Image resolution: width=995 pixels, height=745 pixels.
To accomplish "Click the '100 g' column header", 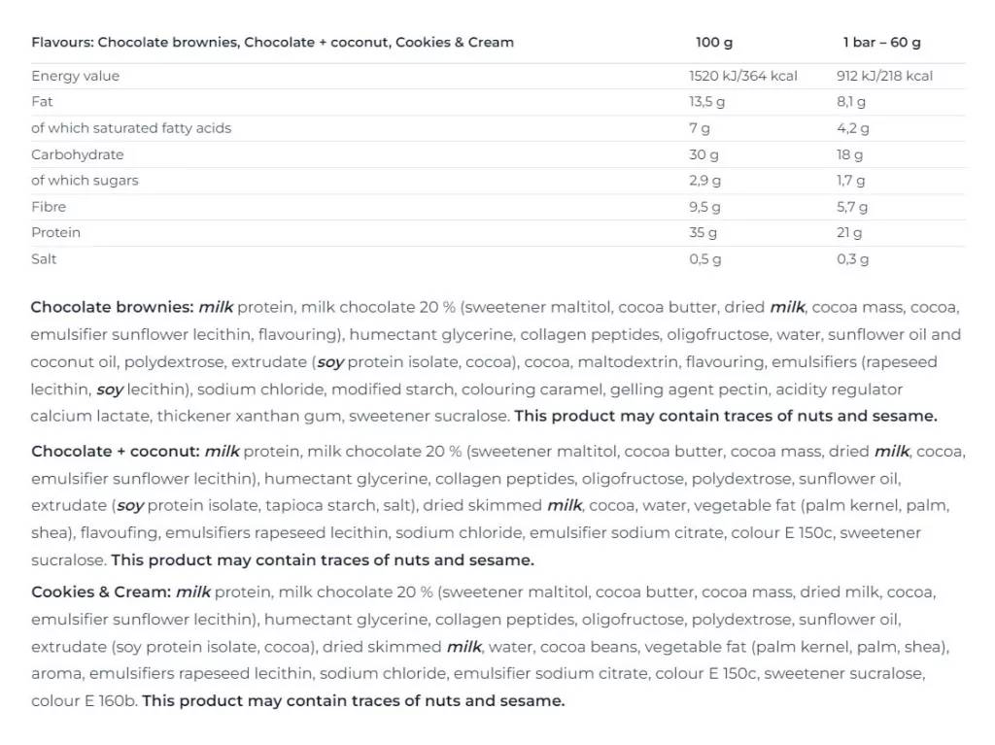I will [714, 42].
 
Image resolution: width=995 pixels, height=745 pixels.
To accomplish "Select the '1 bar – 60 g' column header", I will [881, 42].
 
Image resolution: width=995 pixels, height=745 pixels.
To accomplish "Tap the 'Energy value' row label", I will [75, 76].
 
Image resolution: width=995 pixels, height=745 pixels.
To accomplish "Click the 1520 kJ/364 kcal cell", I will [742, 76].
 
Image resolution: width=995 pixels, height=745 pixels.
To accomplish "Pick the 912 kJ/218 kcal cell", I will [884, 76].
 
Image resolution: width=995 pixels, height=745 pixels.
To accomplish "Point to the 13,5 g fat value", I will [706, 102].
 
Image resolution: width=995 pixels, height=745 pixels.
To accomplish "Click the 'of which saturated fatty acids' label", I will [131, 128].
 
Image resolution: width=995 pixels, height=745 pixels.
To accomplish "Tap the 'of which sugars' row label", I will [85, 181].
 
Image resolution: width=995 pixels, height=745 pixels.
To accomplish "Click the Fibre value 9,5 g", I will [704, 207].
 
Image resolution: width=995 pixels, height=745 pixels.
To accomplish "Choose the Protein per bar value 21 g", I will [849, 233].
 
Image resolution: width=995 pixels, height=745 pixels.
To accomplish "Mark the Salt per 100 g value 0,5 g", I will [704, 259].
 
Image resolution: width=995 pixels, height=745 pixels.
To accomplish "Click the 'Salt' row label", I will [44, 259].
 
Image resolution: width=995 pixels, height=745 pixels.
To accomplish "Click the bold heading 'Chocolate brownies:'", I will [112, 307].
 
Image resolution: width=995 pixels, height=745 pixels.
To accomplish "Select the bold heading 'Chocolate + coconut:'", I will [115, 451].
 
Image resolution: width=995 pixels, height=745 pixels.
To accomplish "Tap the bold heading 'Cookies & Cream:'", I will [101, 592].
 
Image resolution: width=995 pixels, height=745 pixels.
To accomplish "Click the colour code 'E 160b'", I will [110, 700].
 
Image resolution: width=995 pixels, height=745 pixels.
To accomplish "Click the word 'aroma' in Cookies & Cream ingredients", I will [52, 673].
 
